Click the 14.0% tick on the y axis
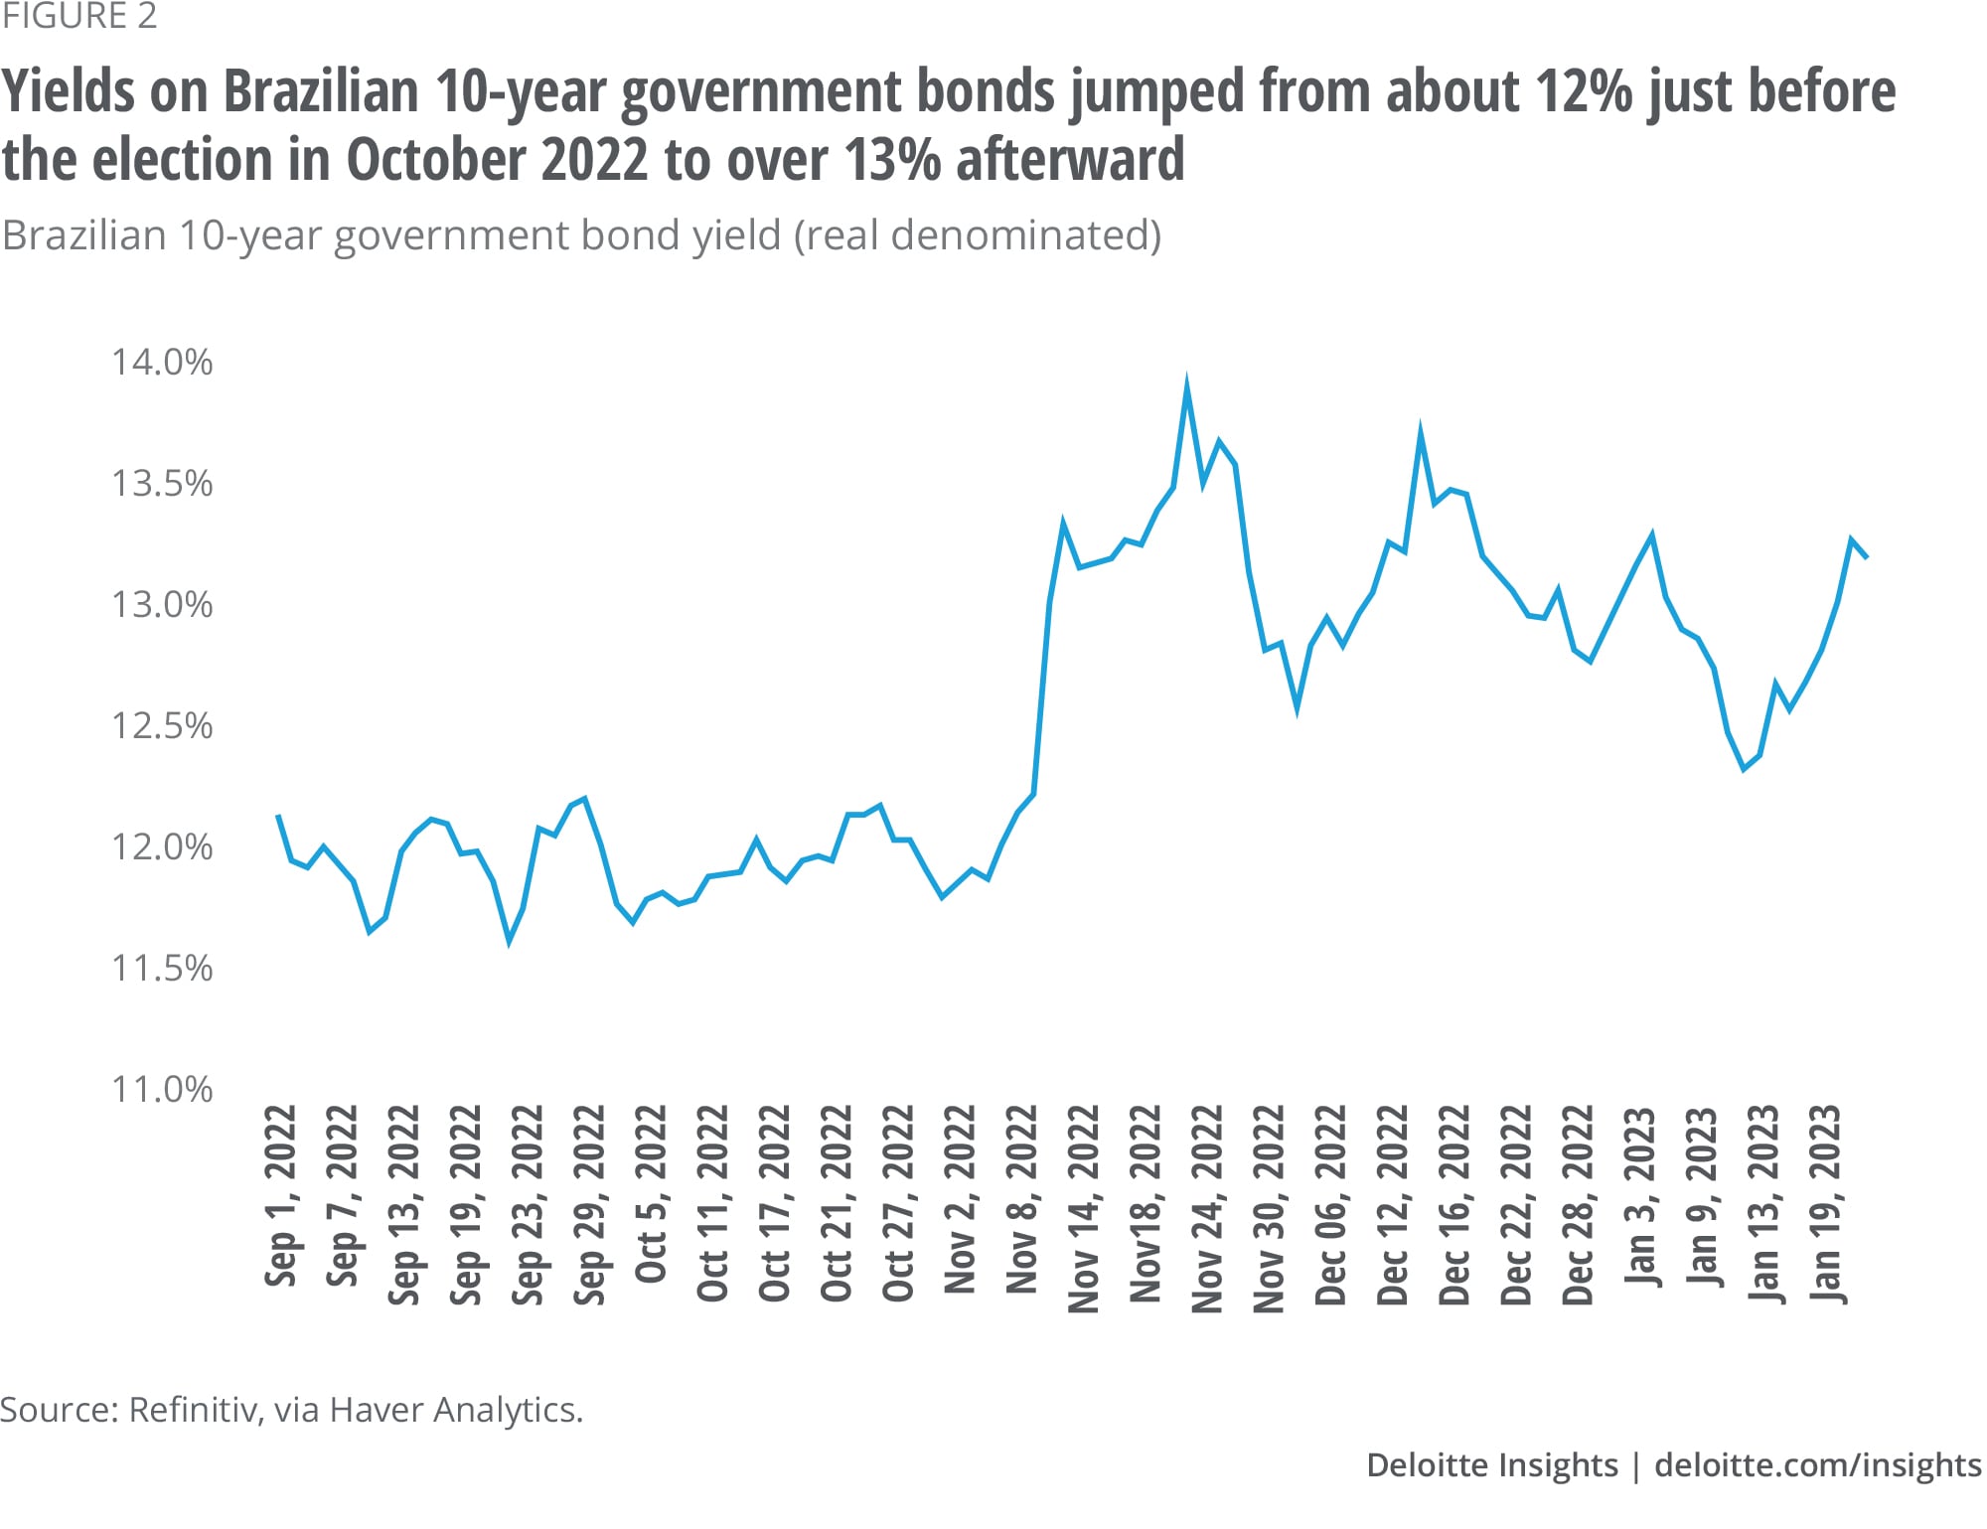point(162,363)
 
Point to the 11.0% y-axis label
point(162,1090)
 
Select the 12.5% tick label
point(162,726)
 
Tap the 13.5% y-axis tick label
point(162,484)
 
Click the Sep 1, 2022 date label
point(281,1195)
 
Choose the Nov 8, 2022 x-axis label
point(1023,1199)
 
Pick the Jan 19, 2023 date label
point(1827,1204)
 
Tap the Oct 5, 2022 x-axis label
point(652,1194)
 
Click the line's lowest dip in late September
point(510,939)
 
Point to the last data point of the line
point(1867,558)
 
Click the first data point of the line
point(278,816)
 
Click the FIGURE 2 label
point(79,17)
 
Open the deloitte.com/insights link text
point(1817,1465)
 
